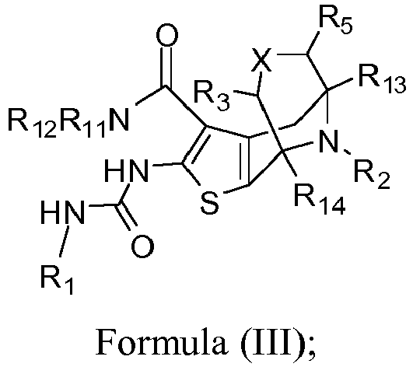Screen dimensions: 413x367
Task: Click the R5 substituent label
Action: pyautogui.click(x=335, y=23)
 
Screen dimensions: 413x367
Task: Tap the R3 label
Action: pyautogui.click(x=212, y=96)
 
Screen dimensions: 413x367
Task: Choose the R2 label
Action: pyautogui.click(x=372, y=176)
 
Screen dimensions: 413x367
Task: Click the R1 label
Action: pyautogui.click(x=57, y=280)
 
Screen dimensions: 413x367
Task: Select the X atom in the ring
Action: pyautogui.click(x=261, y=60)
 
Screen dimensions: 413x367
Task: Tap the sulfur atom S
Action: pyautogui.click(x=210, y=203)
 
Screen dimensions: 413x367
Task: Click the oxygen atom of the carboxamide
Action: pyautogui.click(x=167, y=35)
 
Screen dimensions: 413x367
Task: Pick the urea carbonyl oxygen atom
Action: pyautogui.click(x=142, y=246)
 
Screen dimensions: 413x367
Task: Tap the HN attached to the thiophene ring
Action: pyautogui.click(x=126, y=170)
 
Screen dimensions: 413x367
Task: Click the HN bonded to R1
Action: pyautogui.click(x=63, y=212)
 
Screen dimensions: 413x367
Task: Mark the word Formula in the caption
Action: pyautogui.click(x=161, y=343)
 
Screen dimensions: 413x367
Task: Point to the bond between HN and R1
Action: pyautogui.click(x=64, y=241)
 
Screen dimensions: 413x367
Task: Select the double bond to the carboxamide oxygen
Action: pyautogui.click(x=169, y=66)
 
